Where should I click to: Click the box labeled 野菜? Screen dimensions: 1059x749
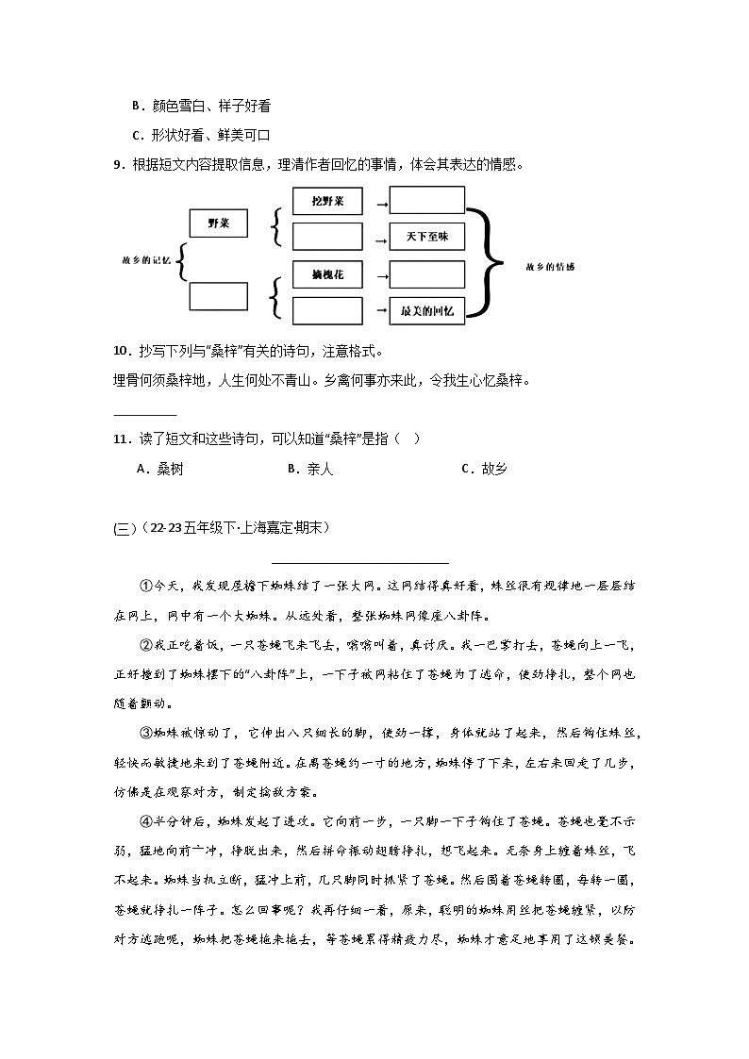pos(219,223)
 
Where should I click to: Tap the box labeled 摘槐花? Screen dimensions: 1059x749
pos(327,274)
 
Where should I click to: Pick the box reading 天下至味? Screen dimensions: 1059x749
pos(427,236)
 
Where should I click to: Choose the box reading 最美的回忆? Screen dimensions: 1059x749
pos(427,310)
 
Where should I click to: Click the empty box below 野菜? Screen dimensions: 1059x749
pos(219,296)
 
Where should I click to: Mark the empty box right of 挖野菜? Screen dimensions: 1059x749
pos(427,201)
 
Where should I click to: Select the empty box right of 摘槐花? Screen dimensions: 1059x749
pos(427,274)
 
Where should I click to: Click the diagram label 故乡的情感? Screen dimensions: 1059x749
pos(551,267)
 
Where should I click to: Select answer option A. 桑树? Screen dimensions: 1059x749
pos(158,469)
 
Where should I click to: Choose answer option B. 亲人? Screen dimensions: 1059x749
pos(310,469)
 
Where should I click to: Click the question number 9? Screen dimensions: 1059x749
pos(117,165)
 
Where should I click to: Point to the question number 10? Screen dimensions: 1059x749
pos(120,352)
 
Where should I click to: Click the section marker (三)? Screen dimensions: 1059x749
pos(125,528)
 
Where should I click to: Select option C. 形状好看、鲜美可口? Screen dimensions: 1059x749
pos(201,135)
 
